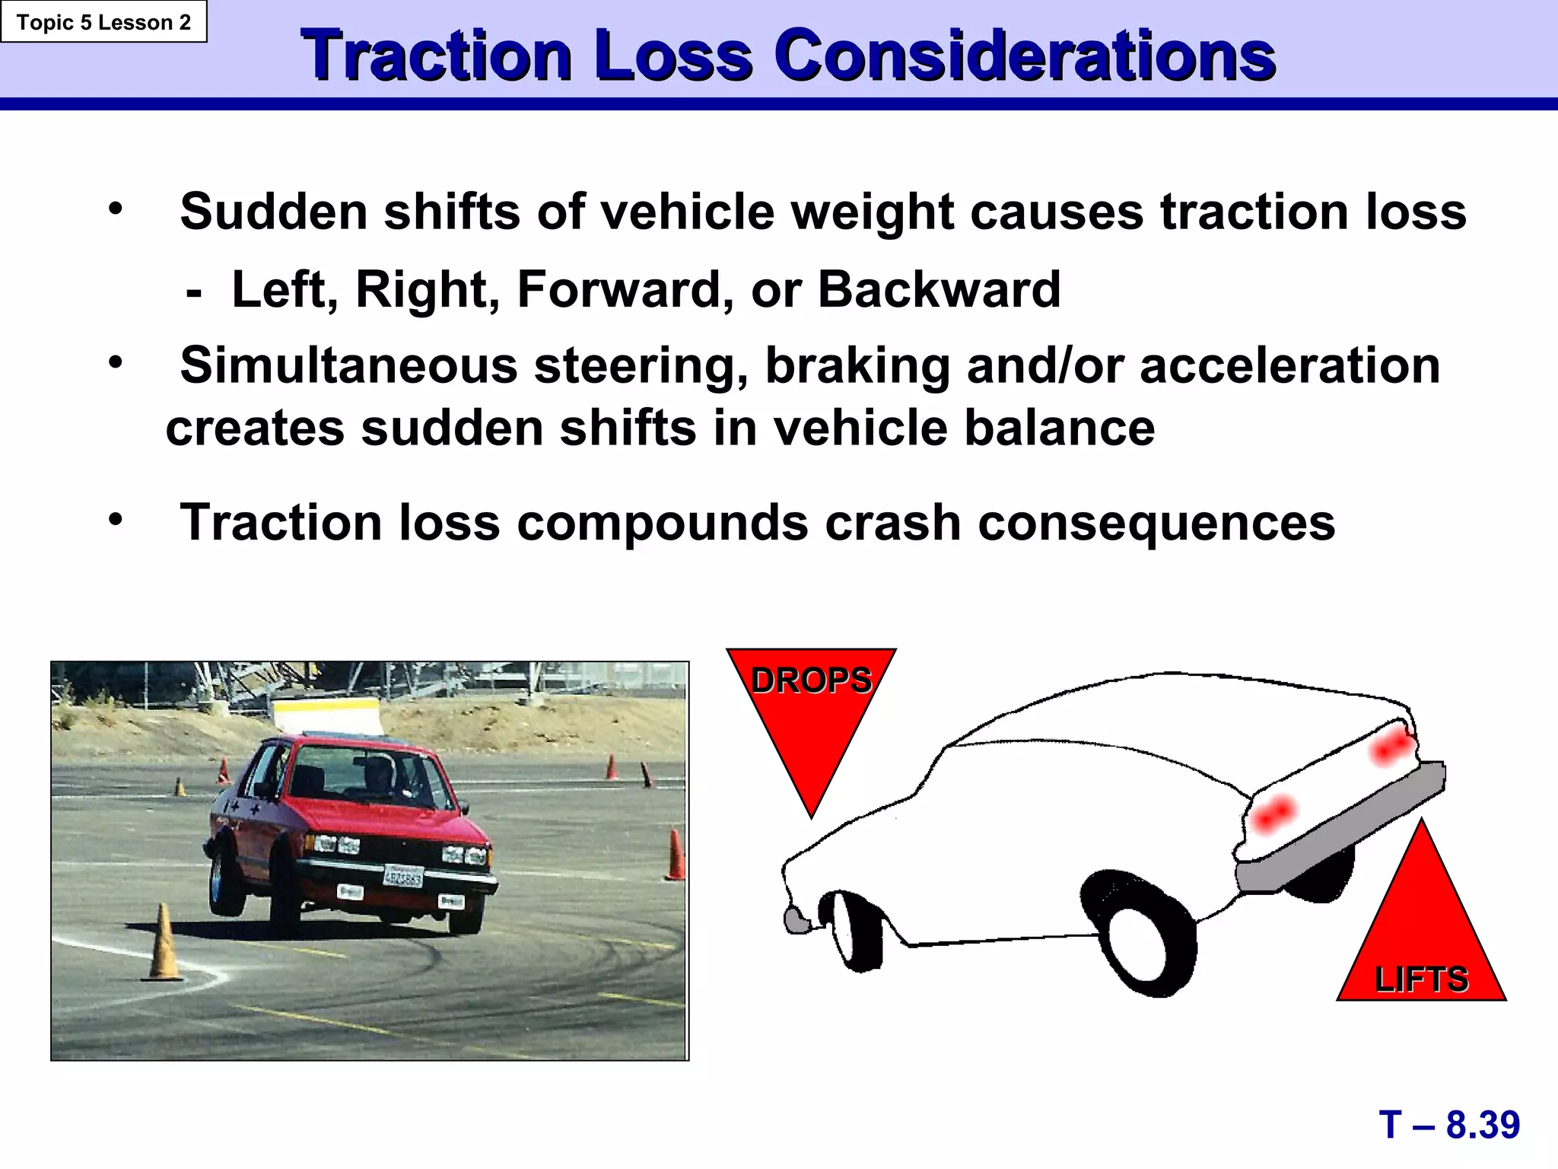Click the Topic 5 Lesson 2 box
click(x=103, y=22)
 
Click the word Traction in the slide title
click(x=436, y=56)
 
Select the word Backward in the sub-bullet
click(x=939, y=290)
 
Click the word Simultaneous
click(x=348, y=366)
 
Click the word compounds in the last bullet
click(x=662, y=524)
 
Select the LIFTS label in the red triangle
click(x=1421, y=979)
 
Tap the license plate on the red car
click(x=402, y=877)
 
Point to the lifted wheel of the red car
click(x=226, y=883)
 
